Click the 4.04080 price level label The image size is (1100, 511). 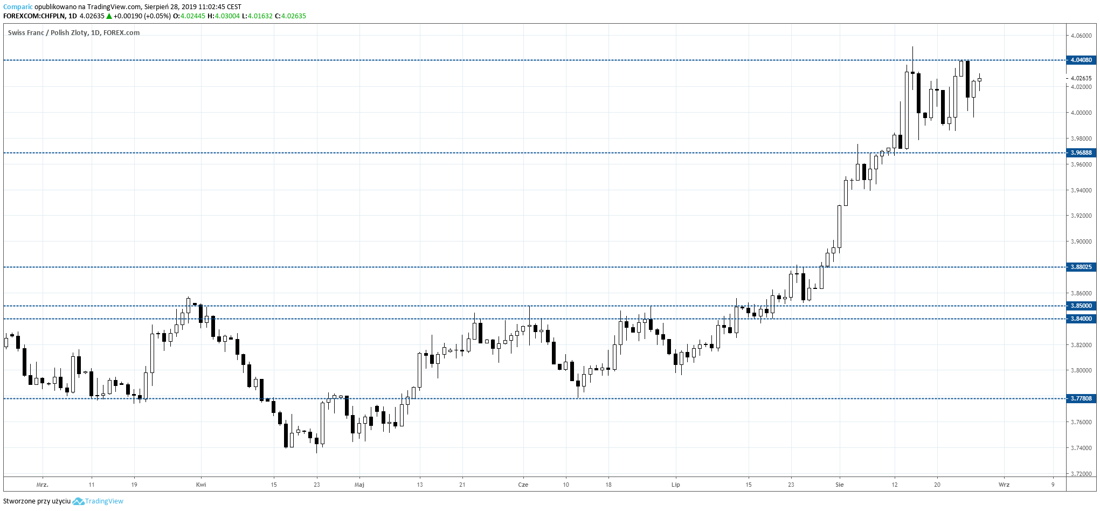coord(1081,60)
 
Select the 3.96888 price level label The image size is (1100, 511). coord(1081,153)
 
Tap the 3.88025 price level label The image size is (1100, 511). coord(1081,267)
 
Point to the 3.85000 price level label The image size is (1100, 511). coord(1081,306)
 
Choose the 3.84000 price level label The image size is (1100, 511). coord(1081,319)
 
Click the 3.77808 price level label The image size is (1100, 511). coord(1081,398)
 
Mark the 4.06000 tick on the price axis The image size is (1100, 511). coord(1081,36)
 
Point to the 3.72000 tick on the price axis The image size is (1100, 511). coord(1081,474)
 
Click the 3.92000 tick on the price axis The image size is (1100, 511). coord(1081,216)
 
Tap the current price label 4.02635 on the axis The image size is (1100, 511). coord(1081,78)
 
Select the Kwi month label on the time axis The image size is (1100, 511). coord(201,485)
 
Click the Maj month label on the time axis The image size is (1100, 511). coord(359,485)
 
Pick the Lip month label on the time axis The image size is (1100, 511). coord(676,485)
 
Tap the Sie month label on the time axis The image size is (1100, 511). coord(840,485)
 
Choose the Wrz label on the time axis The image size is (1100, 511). coord(1004,485)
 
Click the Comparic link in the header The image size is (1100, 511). coord(18,7)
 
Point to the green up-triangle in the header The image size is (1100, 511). coord(109,16)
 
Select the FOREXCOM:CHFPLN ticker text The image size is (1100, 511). coord(34,16)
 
